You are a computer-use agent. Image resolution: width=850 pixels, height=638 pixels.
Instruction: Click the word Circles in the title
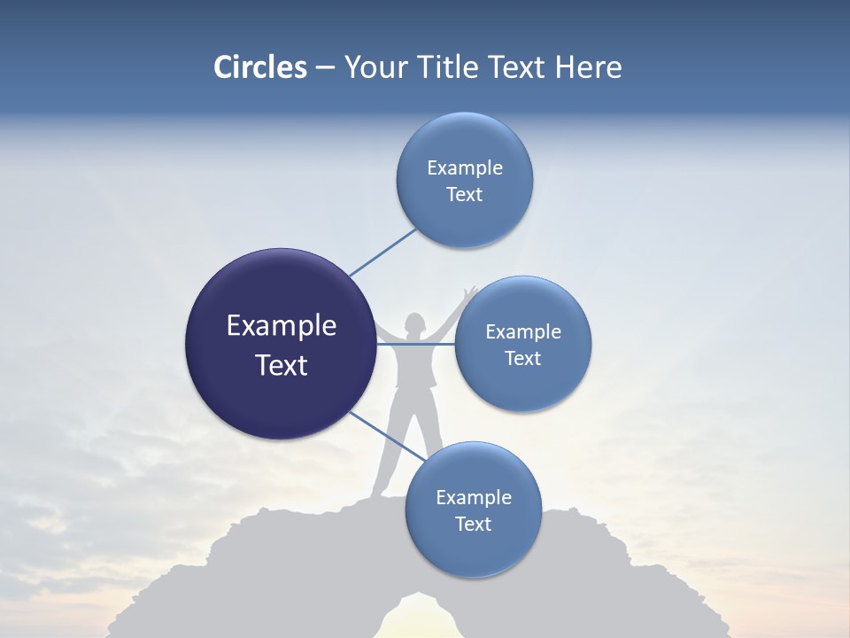click(x=259, y=67)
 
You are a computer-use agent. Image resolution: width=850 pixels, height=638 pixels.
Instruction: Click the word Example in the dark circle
click(x=282, y=326)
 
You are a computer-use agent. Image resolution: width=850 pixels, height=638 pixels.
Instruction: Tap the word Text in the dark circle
click(x=282, y=365)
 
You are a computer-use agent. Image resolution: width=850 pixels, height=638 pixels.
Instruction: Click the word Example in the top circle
click(x=465, y=167)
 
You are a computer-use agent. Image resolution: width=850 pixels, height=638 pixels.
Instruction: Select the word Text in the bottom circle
click(x=473, y=524)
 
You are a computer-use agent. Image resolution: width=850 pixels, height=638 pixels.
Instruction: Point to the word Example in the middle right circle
click(x=523, y=331)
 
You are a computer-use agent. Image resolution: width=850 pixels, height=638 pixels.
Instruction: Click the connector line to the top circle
click(x=382, y=253)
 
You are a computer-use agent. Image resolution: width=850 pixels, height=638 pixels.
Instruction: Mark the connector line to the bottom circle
click(x=387, y=435)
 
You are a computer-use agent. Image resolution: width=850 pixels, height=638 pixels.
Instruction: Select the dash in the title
click(x=325, y=68)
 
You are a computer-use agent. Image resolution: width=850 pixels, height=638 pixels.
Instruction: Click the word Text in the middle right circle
click(x=523, y=358)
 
